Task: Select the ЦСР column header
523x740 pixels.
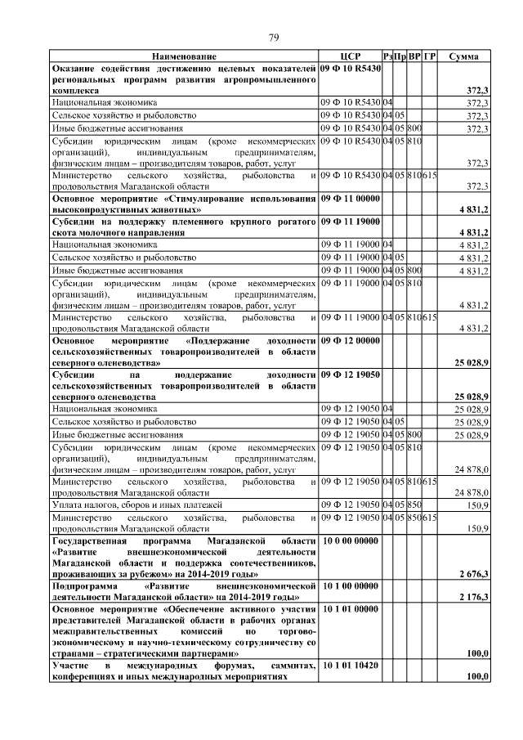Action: click(x=350, y=56)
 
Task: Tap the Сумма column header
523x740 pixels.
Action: click(x=464, y=56)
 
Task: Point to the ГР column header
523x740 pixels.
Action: click(x=431, y=56)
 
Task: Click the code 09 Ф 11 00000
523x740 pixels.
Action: click(x=350, y=200)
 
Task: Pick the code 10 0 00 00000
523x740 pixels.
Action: click(x=350, y=541)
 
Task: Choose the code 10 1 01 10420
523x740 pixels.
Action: click(x=350, y=667)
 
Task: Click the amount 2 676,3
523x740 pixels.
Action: click(x=474, y=576)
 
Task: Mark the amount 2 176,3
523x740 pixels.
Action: click(x=474, y=599)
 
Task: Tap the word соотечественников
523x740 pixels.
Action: click(x=258, y=564)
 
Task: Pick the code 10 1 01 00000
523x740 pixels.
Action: click(x=350, y=609)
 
